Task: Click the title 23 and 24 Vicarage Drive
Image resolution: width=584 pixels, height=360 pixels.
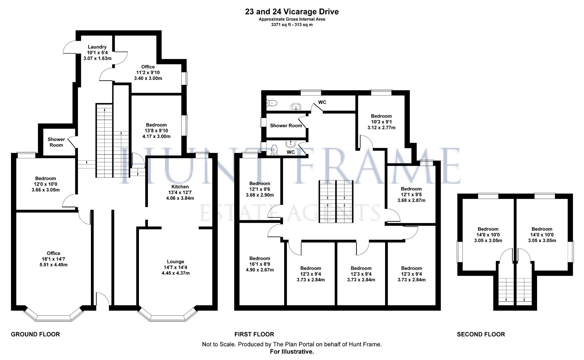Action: tap(292, 12)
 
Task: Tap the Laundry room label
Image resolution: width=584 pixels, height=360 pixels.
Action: tap(97, 47)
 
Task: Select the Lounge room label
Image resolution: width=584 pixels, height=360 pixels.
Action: tap(175, 262)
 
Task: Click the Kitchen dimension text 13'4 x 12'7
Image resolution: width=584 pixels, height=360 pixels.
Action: tap(180, 192)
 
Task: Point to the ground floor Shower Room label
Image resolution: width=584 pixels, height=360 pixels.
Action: tap(56, 142)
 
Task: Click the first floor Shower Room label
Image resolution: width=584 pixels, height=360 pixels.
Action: tap(286, 126)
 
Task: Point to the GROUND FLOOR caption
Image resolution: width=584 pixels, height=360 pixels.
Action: tap(35, 334)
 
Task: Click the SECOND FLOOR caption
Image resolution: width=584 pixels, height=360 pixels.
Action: tap(481, 334)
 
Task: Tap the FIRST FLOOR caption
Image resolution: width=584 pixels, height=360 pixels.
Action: tap(254, 334)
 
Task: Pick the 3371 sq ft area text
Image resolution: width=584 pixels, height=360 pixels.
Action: tap(292, 25)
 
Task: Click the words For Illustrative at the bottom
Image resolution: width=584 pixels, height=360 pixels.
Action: tap(292, 352)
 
